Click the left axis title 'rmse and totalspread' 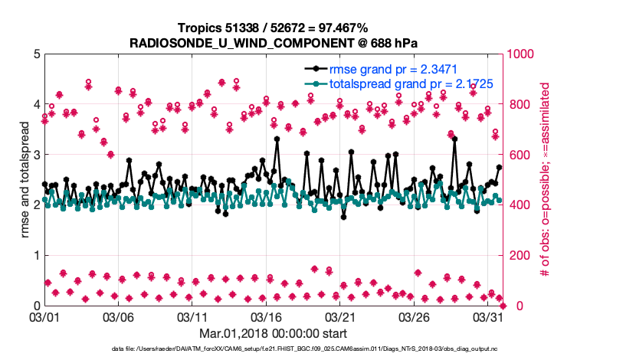point(25,180)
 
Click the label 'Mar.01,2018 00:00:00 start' point(273,333)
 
